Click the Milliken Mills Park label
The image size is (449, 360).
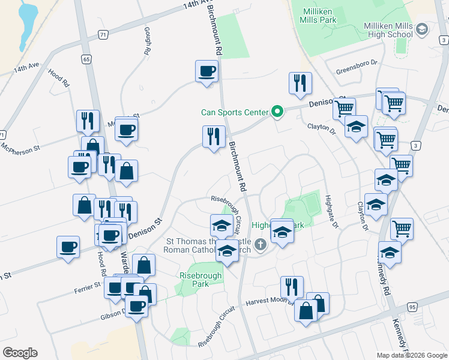[318, 14]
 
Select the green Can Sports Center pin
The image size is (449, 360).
[277, 111]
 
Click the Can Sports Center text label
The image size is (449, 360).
[234, 112]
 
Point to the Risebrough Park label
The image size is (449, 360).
[200, 279]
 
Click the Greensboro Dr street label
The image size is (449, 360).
[356, 62]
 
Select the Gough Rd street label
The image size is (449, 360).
[146, 41]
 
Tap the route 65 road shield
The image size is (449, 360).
[87, 59]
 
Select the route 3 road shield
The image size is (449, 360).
[415, 145]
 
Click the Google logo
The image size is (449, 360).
[20, 353]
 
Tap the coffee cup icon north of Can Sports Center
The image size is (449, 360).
[206, 71]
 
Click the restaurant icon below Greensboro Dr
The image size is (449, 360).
[300, 83]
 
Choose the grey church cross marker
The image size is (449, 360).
[260, 244]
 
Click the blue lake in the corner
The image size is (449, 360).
[27, 24]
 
